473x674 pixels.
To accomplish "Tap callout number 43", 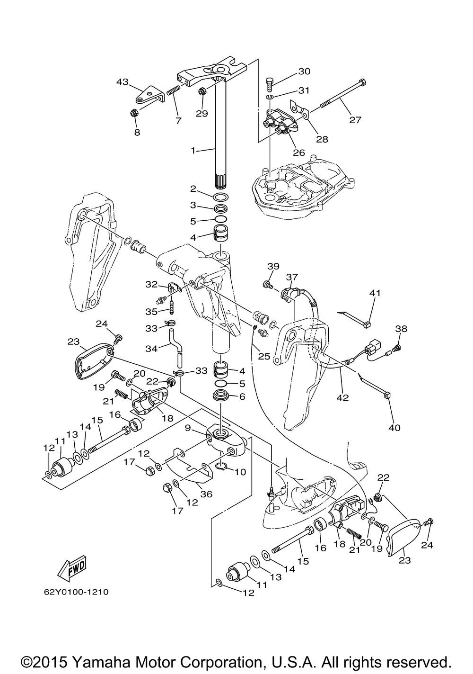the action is [x=123, y=81].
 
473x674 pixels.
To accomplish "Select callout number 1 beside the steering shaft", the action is [x=193, y=151].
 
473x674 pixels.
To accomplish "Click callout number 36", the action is [x=206, y=494].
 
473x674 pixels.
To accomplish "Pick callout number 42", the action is [x=342, y=398].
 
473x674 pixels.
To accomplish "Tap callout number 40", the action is [x=394, y=428].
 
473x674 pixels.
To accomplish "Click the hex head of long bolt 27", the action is [x=363, y=82].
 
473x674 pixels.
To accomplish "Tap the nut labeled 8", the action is [x=133, y=113].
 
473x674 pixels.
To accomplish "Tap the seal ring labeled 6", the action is [x=220, y=395].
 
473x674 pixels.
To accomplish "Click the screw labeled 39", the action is [x=267, y=284].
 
